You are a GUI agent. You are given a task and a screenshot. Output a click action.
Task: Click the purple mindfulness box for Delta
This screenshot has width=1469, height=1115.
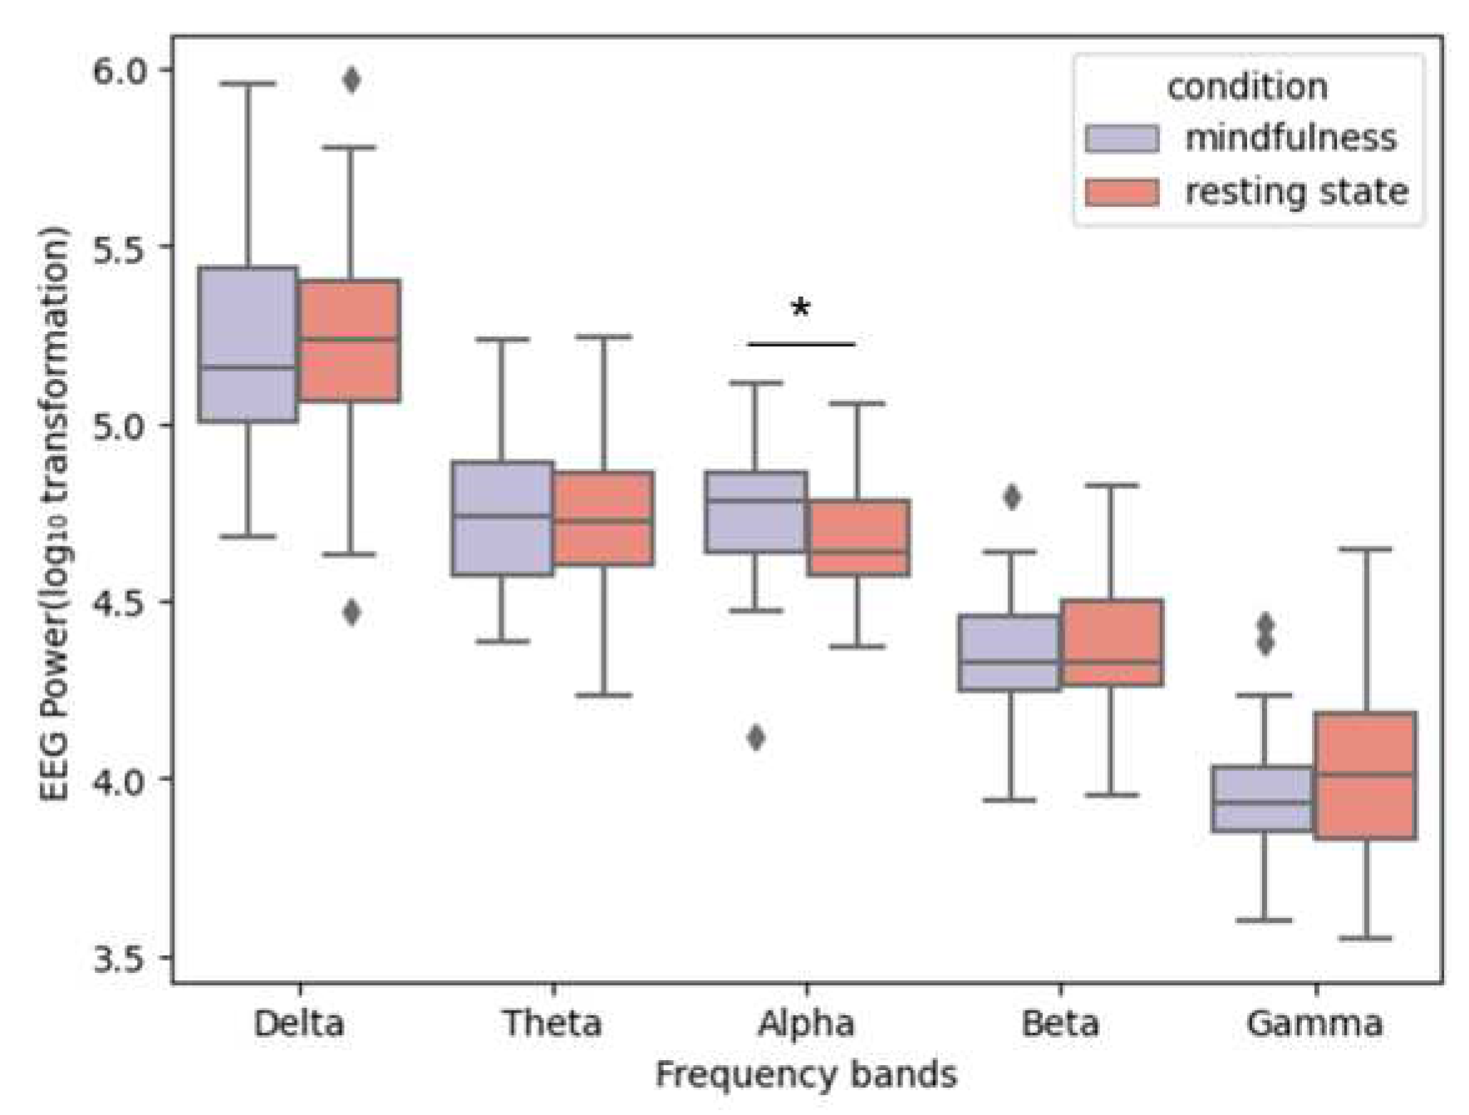tap(248, 345)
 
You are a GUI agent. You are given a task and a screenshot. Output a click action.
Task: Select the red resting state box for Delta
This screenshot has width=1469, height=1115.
tap(350, 341)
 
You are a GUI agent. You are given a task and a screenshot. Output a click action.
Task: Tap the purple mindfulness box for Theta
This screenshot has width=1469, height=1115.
tap(502, 518)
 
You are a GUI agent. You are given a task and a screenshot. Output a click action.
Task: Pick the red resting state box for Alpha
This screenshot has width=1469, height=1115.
tap(858, 538)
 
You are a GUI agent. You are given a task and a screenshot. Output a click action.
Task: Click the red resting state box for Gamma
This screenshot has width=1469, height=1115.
tap(1364, 775)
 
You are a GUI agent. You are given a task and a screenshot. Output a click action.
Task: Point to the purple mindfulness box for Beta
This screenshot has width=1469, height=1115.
tap(1010, 653)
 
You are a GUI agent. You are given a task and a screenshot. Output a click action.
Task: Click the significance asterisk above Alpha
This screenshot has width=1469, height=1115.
tap(800, 309)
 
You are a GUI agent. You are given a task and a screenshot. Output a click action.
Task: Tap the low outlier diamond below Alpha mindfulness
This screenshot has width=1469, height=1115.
tap(756, 737)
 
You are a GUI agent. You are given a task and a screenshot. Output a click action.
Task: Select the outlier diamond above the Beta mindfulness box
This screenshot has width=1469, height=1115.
tap(1011, 498)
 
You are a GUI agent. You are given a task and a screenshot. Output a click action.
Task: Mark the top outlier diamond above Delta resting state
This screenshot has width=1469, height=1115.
tap(351, 81)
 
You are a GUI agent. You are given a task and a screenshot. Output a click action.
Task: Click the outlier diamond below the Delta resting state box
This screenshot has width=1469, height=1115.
tap(351, 612)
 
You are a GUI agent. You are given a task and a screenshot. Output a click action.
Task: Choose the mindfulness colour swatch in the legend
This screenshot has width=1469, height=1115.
tap(1122, 139)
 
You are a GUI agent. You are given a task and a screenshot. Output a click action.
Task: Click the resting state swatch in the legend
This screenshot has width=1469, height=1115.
tap(1122, 193)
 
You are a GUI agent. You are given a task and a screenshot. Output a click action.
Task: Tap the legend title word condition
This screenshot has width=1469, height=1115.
tap(1247, 87)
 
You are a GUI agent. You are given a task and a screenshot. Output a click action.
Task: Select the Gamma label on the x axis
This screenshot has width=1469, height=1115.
tap(1314, 1024)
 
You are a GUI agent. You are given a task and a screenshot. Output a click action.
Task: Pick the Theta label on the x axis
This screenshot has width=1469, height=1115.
tap(553, 1024)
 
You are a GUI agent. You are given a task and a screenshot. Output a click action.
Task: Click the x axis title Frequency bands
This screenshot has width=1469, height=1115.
tap(806, 1075)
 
